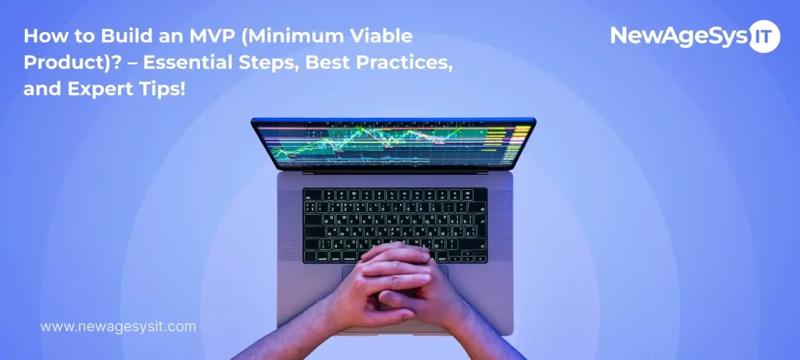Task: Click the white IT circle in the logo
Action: (763, 36)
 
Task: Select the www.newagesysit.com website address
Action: (118, 326)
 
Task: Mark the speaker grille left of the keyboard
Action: (291, 223)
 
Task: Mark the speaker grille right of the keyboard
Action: (499, 223)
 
